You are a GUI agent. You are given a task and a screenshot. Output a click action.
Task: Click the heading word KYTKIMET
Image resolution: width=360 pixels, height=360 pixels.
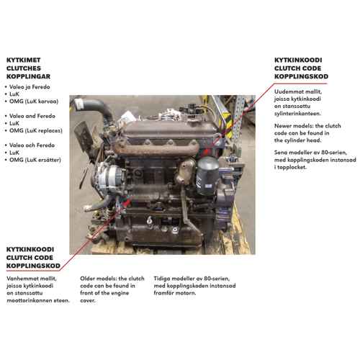[x=23, y=60]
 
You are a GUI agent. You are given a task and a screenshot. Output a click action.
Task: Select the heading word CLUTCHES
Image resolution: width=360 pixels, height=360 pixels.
[x=24, y=68]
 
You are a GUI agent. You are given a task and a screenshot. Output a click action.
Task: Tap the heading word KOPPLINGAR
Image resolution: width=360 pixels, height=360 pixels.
[x=28, y=76]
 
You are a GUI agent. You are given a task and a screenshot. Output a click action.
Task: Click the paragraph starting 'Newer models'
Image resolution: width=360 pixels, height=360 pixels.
[x=307, y=133]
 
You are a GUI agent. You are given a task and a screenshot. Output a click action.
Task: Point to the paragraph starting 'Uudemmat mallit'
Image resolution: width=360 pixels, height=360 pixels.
[x=298, y=102]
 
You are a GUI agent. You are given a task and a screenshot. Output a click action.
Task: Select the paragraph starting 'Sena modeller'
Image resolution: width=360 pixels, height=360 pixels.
[x=315, y=160]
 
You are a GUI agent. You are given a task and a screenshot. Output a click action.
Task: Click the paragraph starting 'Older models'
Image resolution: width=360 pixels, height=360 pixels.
[x=112, y=289]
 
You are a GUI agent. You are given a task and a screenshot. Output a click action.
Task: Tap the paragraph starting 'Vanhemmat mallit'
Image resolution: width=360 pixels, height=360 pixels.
[x=38, y=289]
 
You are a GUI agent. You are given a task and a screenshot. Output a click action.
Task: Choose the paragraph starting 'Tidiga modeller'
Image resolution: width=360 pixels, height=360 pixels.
[x=194, y=286]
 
